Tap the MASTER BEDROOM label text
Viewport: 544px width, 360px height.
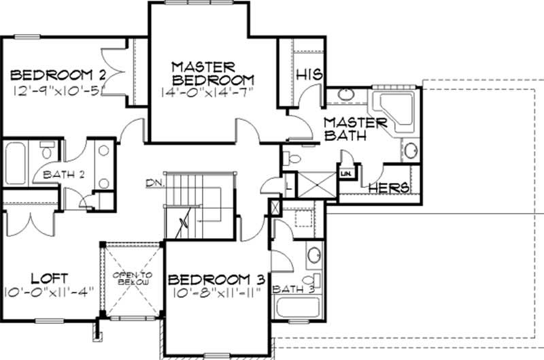click(x=212, y=73)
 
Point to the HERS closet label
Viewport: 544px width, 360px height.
click(x=389, y=187)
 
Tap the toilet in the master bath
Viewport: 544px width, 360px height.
click(x=292, y=159)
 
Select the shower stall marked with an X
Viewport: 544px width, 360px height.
click(x=318, y=184)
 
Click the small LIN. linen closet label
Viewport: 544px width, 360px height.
click(x=346, y=174)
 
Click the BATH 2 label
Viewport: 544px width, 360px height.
click(x=63, y=174)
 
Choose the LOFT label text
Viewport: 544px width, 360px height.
click(x=50, y=278)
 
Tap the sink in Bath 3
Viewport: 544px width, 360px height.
click(x=314, y=256)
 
